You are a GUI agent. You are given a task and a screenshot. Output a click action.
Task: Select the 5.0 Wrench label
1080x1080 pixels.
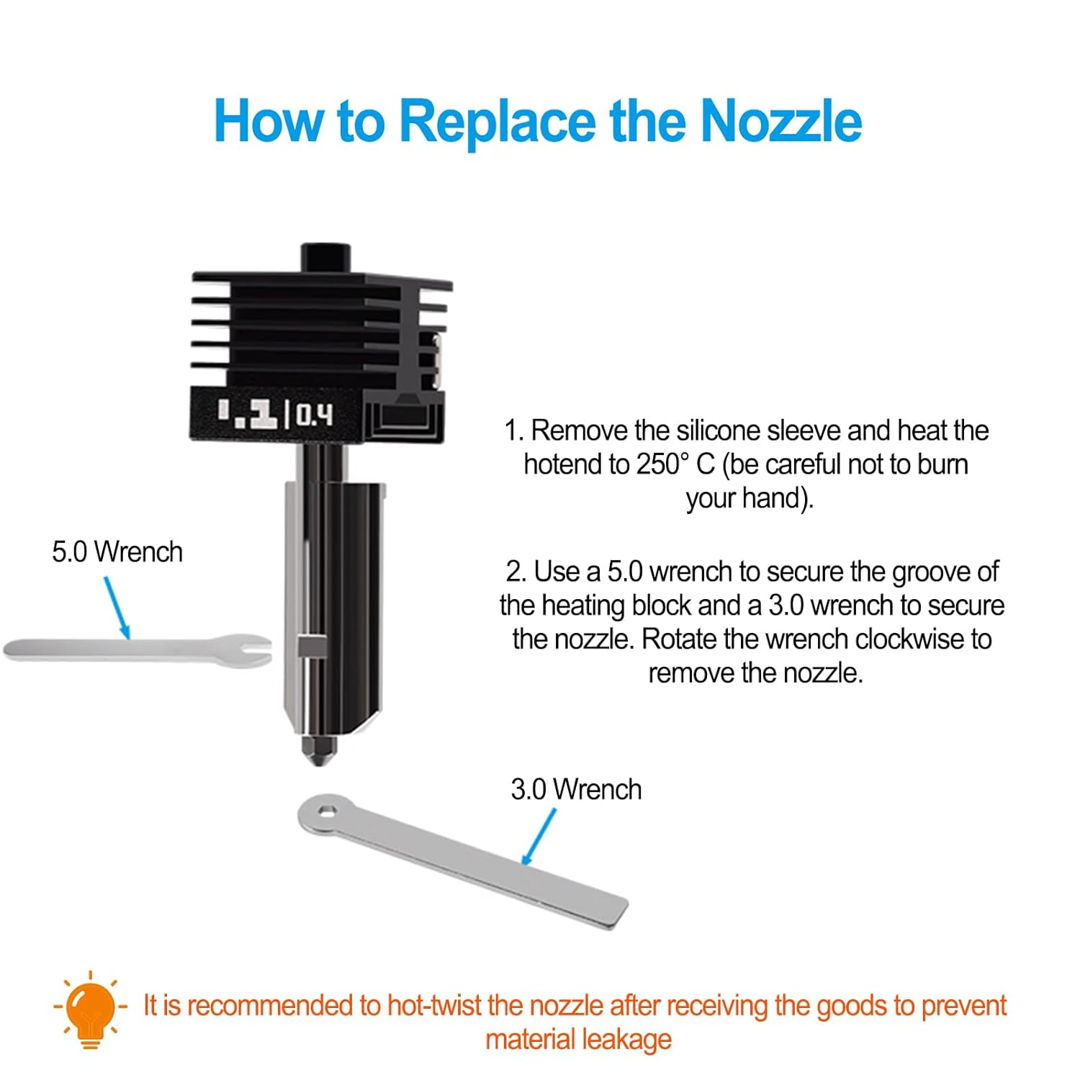[x=117, y=552]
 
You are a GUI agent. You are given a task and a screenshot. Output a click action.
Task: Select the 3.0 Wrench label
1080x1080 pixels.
[x=576, y=790]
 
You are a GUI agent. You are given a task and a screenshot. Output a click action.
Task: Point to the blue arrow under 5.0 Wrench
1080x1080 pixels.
[x=117, y=608]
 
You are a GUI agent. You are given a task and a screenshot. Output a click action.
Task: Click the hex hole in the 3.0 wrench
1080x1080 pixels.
[x=327, y=812]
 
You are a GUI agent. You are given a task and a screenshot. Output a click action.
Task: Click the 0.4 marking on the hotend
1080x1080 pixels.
[x=315, y=415]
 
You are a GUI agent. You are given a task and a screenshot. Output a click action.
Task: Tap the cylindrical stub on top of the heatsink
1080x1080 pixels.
[x=325, y=257]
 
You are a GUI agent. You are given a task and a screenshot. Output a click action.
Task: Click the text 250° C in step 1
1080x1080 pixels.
[x=675, y=464]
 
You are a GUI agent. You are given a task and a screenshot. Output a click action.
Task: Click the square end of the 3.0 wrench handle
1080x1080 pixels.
[x=616, y=913]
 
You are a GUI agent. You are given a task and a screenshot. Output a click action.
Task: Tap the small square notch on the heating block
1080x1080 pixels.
[x=310, y=646]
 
